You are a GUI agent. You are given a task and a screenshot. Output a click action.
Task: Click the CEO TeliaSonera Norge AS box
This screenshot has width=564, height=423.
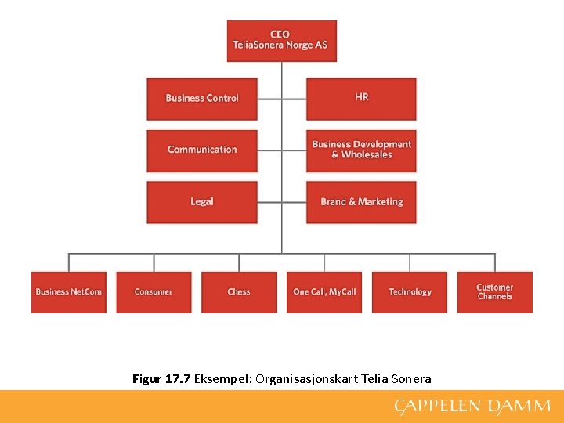point(281,41)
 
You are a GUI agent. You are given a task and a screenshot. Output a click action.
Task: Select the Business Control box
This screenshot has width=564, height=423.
point(202,99)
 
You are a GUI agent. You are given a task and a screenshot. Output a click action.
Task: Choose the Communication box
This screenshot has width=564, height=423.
point(202,150)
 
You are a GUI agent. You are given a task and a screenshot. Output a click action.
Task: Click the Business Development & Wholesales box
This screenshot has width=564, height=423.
point(361,150)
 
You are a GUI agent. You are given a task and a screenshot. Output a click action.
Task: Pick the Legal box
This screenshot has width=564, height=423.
point(202,202)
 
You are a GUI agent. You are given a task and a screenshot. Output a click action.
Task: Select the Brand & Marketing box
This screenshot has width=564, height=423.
point(361,202)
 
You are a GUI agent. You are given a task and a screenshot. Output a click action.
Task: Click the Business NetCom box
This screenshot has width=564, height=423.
point(69,292)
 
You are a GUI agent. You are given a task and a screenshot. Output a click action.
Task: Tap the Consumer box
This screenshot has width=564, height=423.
point(154,292)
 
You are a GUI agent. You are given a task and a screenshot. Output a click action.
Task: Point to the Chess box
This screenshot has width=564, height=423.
point(239,292)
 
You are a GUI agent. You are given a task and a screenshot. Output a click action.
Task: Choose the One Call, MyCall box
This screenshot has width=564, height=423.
point(324,292)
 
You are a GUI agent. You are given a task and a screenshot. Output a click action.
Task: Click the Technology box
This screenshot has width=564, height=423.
point(410,292)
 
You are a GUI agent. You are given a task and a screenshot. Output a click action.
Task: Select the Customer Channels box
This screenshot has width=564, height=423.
point(494,292)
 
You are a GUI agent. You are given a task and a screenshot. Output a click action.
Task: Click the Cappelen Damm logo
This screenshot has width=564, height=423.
point(472,407)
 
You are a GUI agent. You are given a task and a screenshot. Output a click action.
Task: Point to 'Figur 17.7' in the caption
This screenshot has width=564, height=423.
point(161,379)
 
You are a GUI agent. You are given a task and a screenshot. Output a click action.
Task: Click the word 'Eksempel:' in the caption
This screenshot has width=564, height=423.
point(222,379)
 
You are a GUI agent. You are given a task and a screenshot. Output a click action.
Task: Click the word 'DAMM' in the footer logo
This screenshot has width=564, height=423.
point(519,407)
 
